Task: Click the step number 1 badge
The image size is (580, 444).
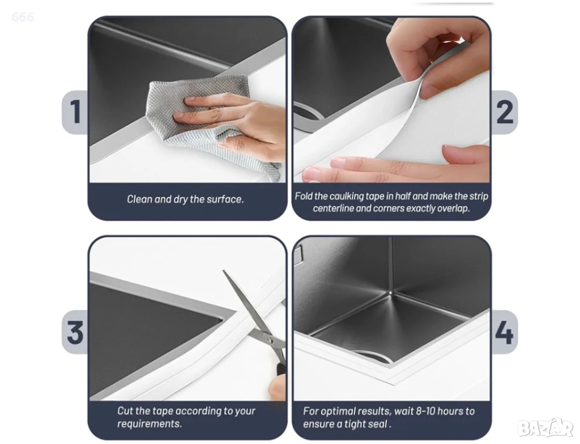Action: click(x=75, y=112)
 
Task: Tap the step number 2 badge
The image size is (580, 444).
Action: click(x=504, y=112)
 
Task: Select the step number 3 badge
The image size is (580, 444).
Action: click(x=75, y=332)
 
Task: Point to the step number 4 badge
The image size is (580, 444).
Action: click(x=504, y=332)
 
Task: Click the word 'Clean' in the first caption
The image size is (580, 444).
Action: click(x=139, y=199)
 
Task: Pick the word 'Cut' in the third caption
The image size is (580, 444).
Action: click(x=125, y=411)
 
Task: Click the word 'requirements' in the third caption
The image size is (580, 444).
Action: click(x=149, y=424)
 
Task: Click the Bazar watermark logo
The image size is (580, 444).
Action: click(x=545, y=428)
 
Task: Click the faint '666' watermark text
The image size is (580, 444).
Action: click(x=23, y=16)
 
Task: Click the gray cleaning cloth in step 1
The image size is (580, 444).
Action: click(x=207, y=122)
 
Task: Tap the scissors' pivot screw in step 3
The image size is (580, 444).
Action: click(x=270, y=339)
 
